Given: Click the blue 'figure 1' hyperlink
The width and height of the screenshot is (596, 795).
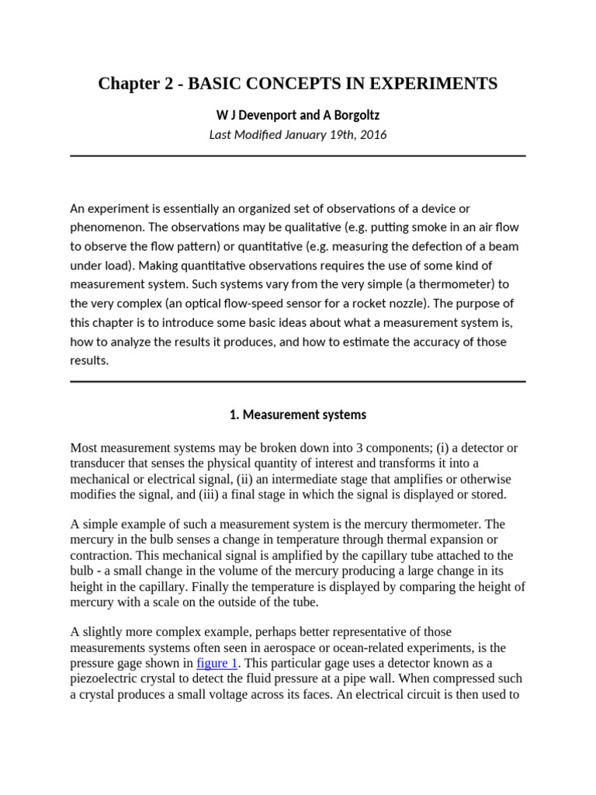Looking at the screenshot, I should point(217,662).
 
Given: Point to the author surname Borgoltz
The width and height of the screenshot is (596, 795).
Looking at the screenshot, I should point(352,115).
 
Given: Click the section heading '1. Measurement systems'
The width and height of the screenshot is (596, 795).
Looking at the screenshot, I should point(298,415).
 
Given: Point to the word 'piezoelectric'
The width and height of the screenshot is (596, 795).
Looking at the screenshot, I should point(105,679).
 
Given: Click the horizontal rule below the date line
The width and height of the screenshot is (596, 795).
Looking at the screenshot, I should point(298,156).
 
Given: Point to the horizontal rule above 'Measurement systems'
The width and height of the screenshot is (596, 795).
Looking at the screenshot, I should point(298,381).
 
